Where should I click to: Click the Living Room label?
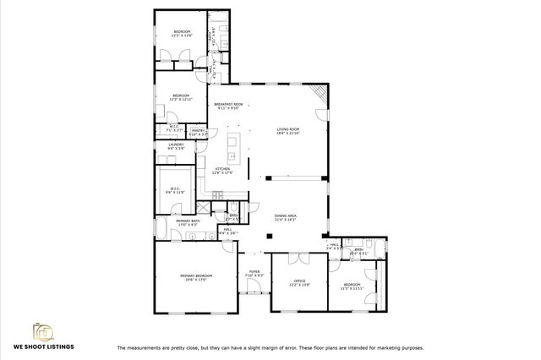[x=289, y=131]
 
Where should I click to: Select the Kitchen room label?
[x=222, y=171]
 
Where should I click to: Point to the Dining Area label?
[x=286, y=217]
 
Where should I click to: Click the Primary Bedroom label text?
[x=195, y=278]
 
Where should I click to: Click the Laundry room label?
[x=176, y=146]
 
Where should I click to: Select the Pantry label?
[x=199, y=132]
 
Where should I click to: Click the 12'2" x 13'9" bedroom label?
[x=178, y=34]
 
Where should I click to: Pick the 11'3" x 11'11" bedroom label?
[x=351, y=286]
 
